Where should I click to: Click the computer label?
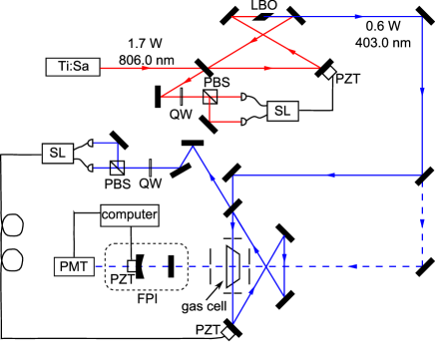(131, 213)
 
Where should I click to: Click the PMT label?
(74, 266)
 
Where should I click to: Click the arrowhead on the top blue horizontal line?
(356, 17)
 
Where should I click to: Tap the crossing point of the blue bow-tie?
(266, 266)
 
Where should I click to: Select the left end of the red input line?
(103, 68)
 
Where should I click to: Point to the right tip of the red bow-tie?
(319, 68)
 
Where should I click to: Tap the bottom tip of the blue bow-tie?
(233, 322)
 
